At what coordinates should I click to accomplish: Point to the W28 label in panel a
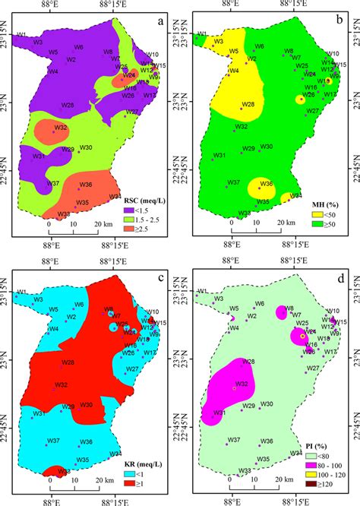(x=68, y=105)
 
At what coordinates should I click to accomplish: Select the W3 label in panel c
(x=38, y=300)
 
